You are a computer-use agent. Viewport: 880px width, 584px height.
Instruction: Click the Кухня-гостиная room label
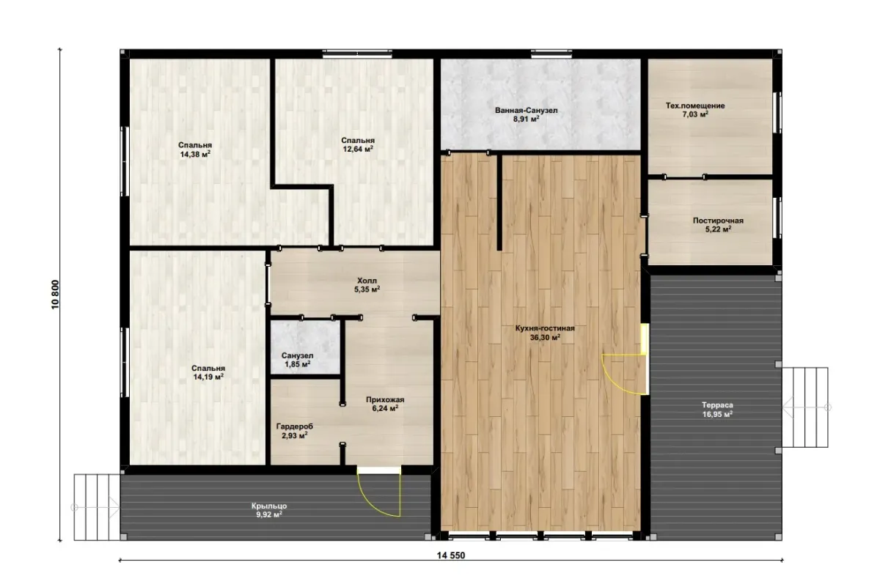pyautogui.click(x=545, y=328)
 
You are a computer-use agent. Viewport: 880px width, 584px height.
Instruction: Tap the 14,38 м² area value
pyautogui.click(x=195, y=154)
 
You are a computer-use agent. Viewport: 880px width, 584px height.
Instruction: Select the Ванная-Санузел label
pyautogui.click(x=526, y=111)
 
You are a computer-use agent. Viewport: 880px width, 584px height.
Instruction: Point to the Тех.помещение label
pyautogui.click(x=695, y=106)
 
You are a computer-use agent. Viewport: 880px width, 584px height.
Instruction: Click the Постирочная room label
pyautogui.click(x=718, y=221)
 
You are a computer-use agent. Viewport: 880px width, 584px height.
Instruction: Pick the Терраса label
pyautogui.click(x=717, y=405)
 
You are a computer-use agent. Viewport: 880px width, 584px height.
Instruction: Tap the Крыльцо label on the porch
pyautogui.click(x=269, y=506)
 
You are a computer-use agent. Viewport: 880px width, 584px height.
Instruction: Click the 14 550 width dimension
pyautogui.click(x=450, y=555)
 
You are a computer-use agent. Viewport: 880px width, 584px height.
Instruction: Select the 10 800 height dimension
pyautogui.click(x=55, y=295)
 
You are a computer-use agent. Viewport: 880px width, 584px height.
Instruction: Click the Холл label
pyautogui.click(x=367, y=281)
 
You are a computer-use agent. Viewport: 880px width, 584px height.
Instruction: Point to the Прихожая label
pyautogui.click(x=385, y=399)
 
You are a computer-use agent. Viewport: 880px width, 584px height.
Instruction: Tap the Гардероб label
pyautogui.click(x=295, y=426)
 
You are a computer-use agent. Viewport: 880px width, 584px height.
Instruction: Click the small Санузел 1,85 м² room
pyautogui.click(x=305, y=347)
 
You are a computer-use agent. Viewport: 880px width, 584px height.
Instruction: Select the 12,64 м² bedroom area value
pyautogui.click(x=358, y=149)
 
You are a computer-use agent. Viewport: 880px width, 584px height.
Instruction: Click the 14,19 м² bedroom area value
pyautogui.click(x=208, y=377)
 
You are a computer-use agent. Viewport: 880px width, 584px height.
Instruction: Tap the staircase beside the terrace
pyautogui.click(x=805, y=407)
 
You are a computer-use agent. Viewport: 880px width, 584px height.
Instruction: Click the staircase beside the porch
pyautogui.click(x=97, y=507)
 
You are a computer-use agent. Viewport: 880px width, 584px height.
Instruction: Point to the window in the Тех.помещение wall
pyautogui.click(x=777, y=113)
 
